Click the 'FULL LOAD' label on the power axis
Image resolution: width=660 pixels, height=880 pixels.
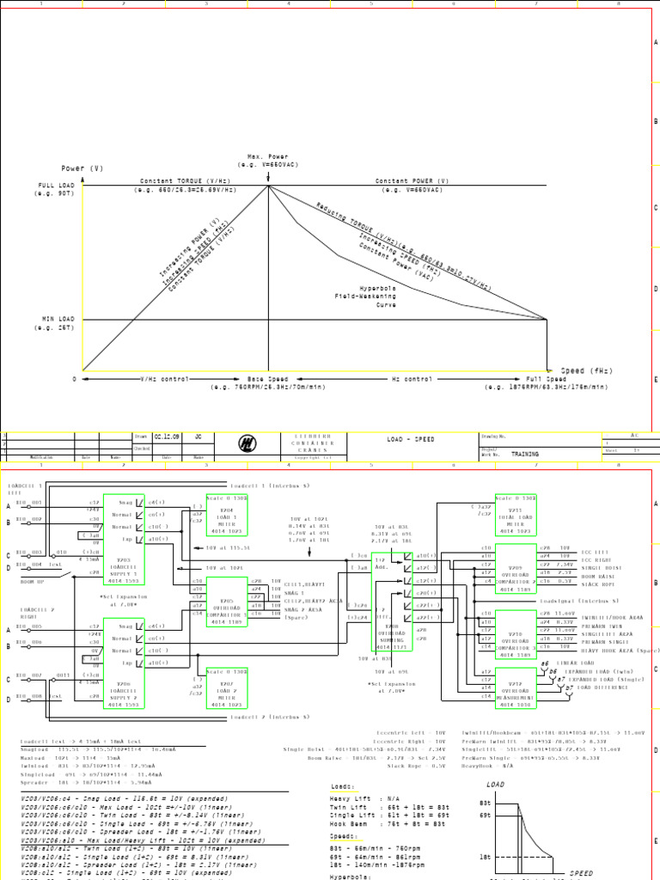coord(57,186)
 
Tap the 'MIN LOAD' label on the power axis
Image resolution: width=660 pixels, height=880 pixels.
coord(57,319)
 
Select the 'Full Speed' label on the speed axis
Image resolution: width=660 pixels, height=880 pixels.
coord(547,379)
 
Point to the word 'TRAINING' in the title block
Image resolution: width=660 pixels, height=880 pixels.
coord(525,454)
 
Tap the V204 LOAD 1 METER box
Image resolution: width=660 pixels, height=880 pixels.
coord(227,518)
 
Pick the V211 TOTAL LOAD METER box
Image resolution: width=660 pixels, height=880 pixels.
coord(516,516)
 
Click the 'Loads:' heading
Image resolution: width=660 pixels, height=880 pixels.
coord(341,785)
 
